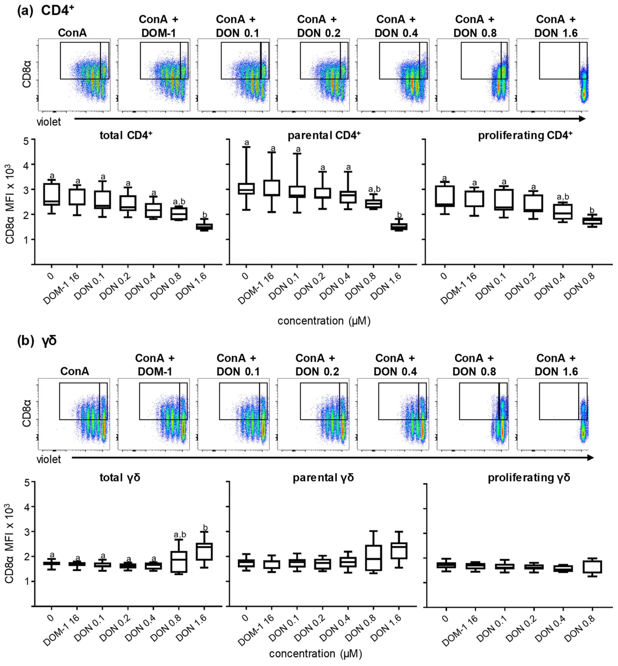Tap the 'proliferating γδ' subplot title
click(529, 477)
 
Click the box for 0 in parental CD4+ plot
click(246, 189)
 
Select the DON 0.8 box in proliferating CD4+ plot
click(592, 221)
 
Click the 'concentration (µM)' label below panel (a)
click(324, 321)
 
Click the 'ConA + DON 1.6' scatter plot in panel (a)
click(552, 75)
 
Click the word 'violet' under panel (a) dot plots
click(49, 122)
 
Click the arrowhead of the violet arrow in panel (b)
click(590, 457)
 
